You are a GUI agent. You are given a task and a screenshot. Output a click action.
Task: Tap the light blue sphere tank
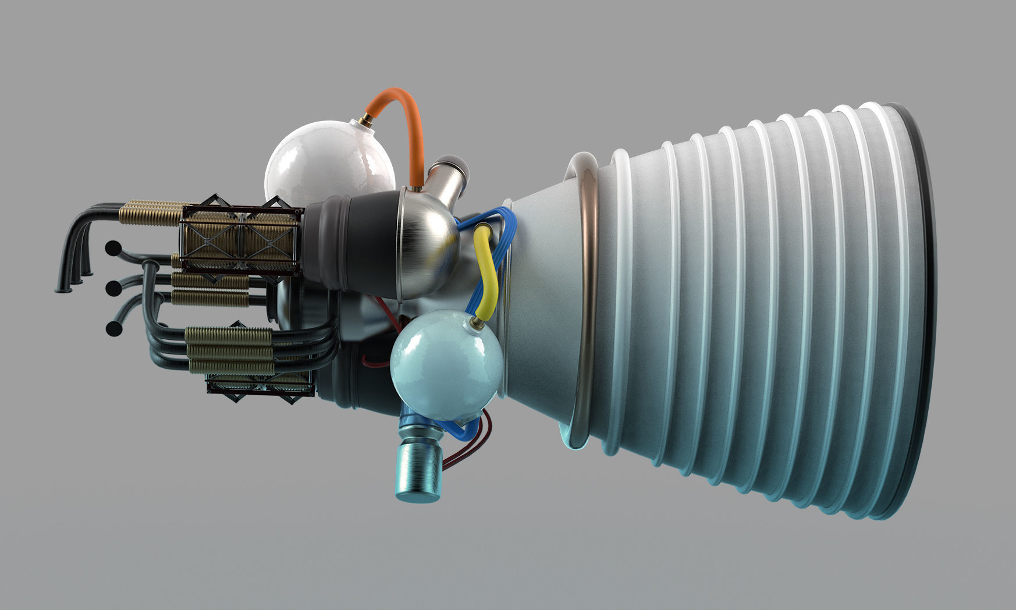445,364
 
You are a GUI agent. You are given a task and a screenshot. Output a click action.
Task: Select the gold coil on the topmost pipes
151,213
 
